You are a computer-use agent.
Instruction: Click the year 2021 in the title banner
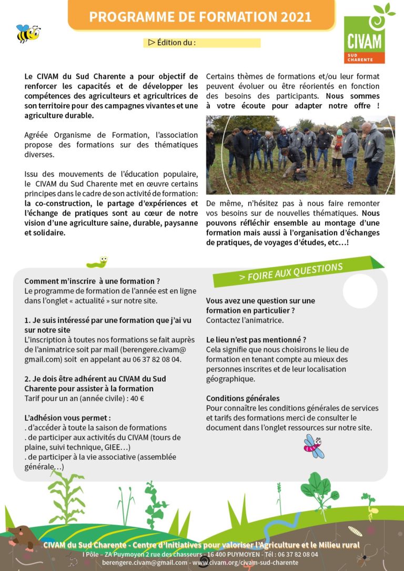point(296,16)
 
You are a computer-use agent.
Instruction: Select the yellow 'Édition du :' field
point(202,43)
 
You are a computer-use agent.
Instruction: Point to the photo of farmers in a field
point(300,156)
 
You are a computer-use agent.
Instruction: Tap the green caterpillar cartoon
point(98,262)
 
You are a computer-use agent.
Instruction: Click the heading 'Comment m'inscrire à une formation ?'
point(92,281)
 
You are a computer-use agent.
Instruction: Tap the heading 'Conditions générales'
point(243,398)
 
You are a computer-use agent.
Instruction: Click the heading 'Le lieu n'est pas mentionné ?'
point(256,340)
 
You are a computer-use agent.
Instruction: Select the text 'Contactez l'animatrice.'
point(245,320)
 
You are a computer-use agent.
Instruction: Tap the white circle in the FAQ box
point(360,291)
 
